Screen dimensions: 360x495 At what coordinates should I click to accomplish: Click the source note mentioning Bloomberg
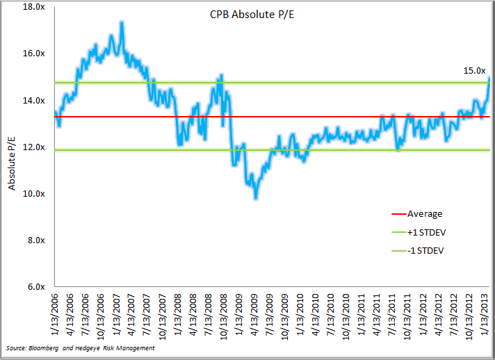(79, 347)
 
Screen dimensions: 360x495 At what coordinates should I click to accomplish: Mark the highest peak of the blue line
(122, 22)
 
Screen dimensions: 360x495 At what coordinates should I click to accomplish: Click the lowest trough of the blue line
(256, 198)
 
